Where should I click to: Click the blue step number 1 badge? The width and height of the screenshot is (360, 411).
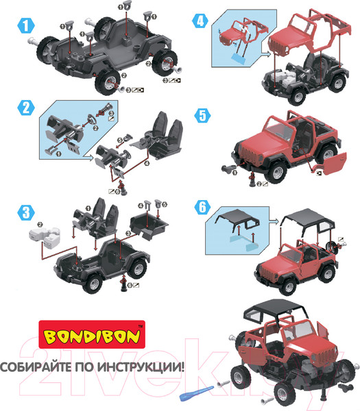click(25, 27)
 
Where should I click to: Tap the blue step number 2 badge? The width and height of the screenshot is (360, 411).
click(25, 108)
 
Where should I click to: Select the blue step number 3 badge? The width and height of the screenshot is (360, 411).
click(25, 212)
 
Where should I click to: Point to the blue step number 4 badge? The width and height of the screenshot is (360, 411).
click(199, 20)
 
